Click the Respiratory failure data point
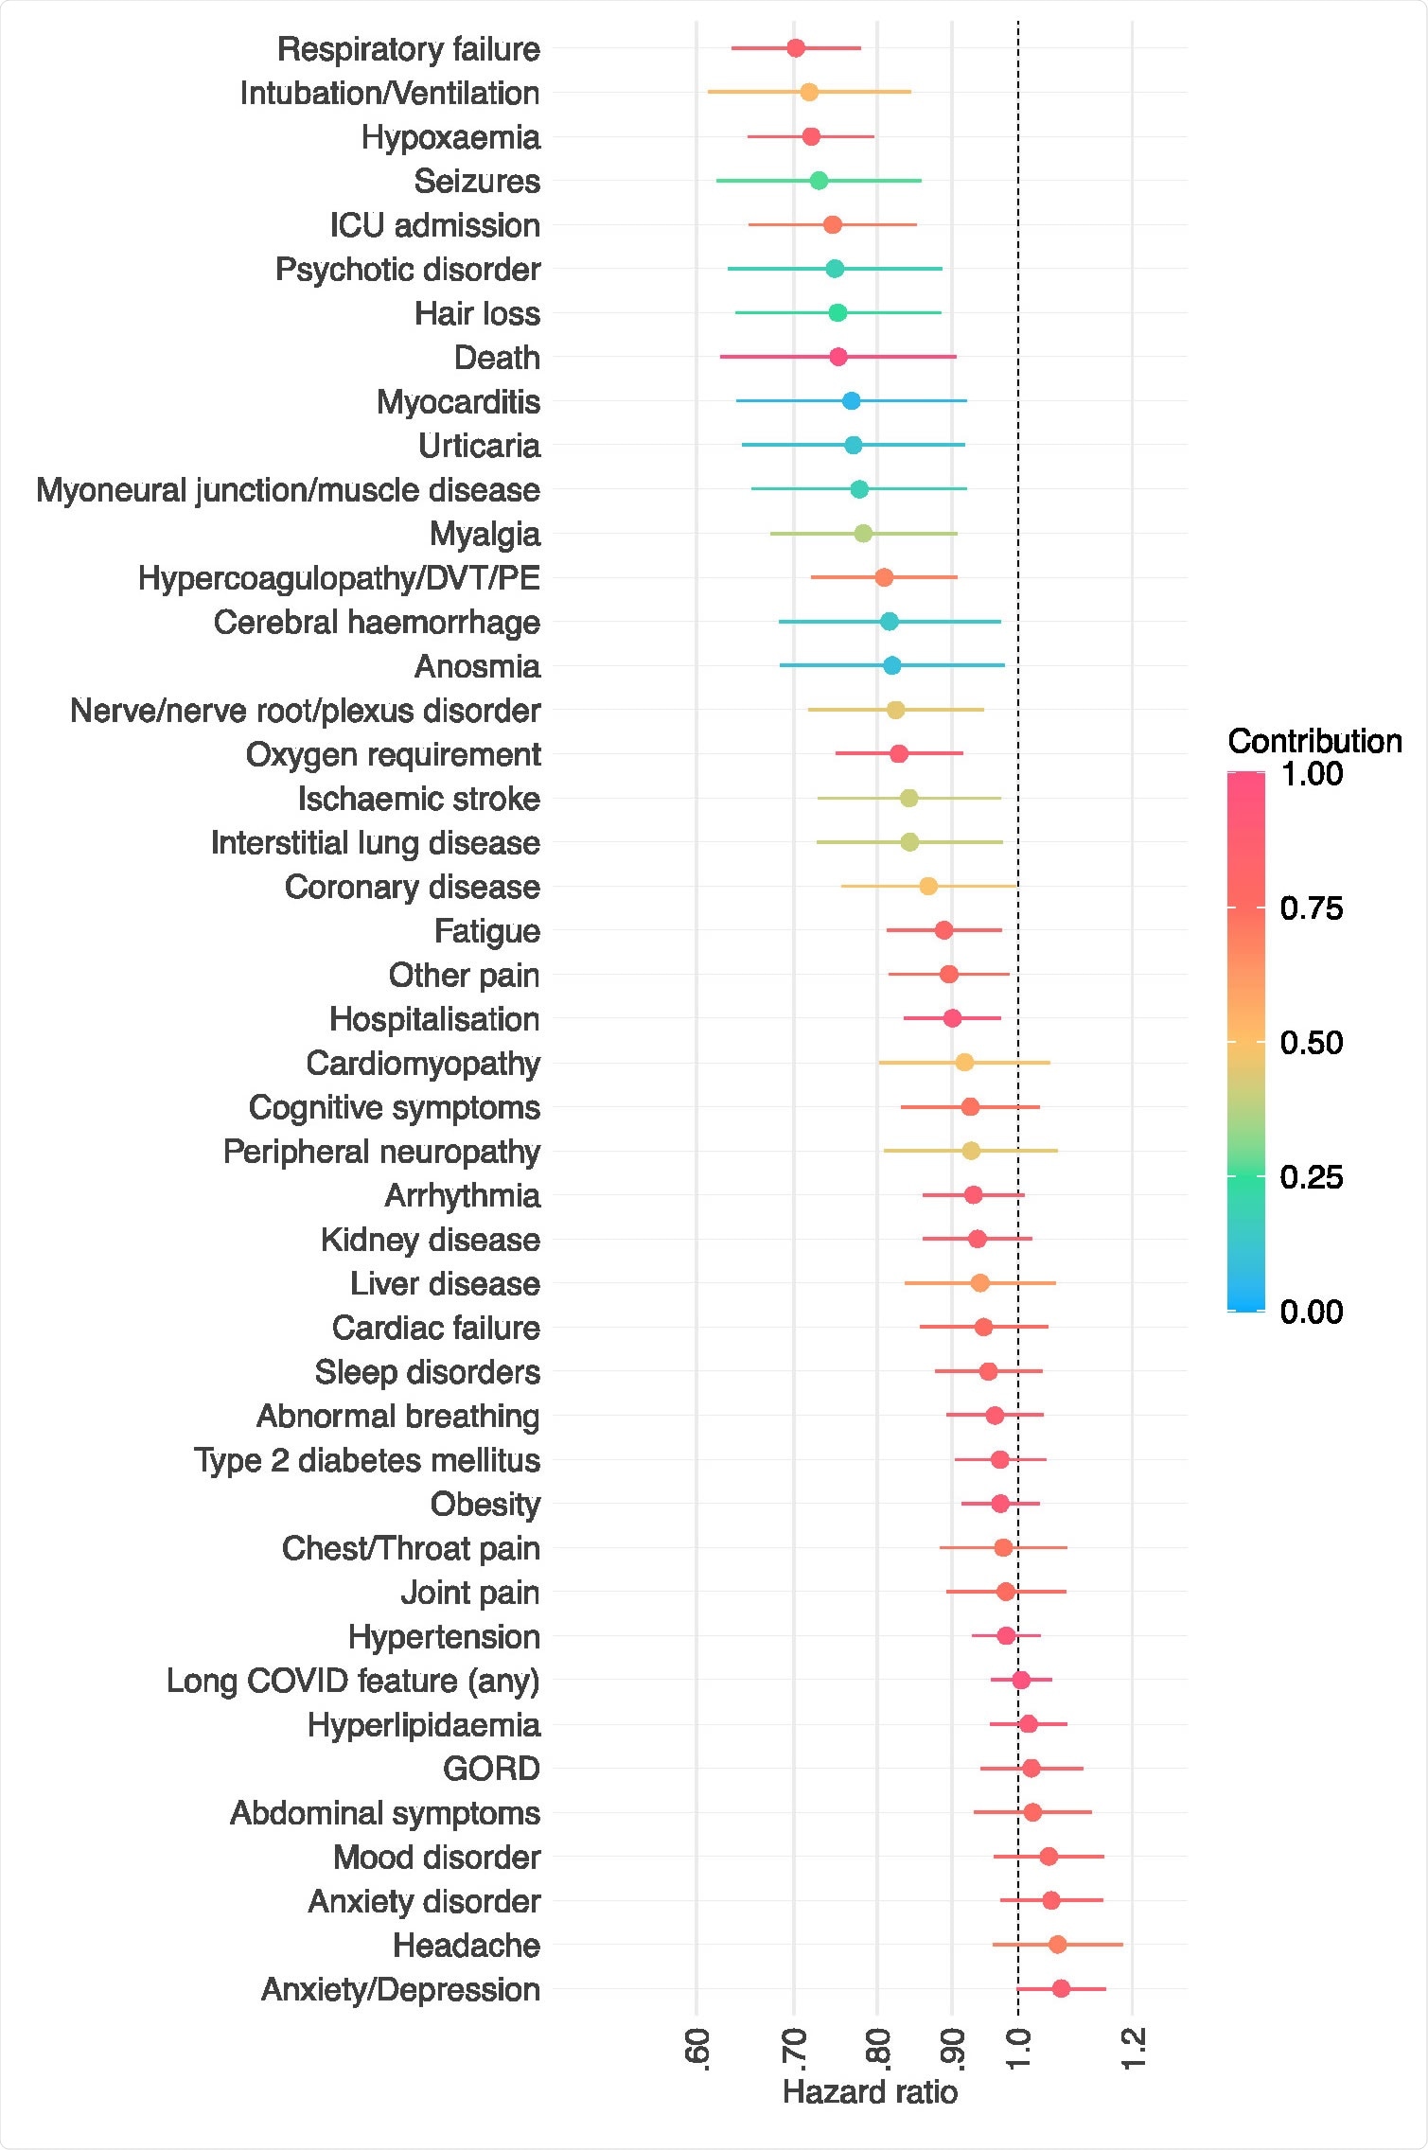pyautogui.click(x=796, y=48)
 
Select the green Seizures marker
pyautogui.click(x=819, y=181)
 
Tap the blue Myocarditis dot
pyautogui.click(x=851, y=401)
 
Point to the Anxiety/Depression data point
pyautogui.click(x=1061, y=1988)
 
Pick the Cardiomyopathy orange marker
pyautogui.click(x=964, y=1063)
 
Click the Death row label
pyautogui.click(x=497, y=358)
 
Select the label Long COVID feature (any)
pyautogui.click(x=353, y=1681)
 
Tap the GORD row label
pyautogui.click(x=491, y=1769)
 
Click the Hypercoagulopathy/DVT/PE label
pyautogui.click(x=339, y=578)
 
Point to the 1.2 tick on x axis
pyautogui.click(x=1133, y=2048)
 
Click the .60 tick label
pyautogui.click(x=697, y=2048)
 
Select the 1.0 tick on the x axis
pyautogui.click(x=1018, y=2048)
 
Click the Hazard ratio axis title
pyautogui.click(x=870, y=2092)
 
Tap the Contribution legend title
pyautogui.click(x=1314, y=741)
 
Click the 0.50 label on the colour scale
pyautogui.click(x=1311, y=1043)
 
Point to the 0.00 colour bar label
pyautogui.click(x=1311, y=1312)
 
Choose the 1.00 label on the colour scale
pyautogui.click(x=1311, y=774)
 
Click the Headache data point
pyautogui.click(x=1057, y=1945)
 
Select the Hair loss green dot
pyautogui.click(x=837, y=313)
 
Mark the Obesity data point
pyautogui.click(x=1000, y=1504)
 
